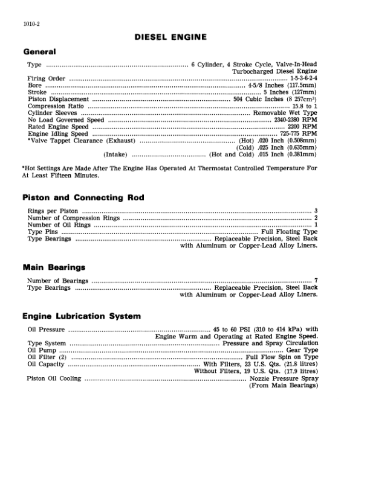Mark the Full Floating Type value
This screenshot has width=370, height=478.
tap(289, 232)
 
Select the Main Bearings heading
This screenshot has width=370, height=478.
tap(53, 267)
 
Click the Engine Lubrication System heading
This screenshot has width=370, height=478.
tap(81, 316)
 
